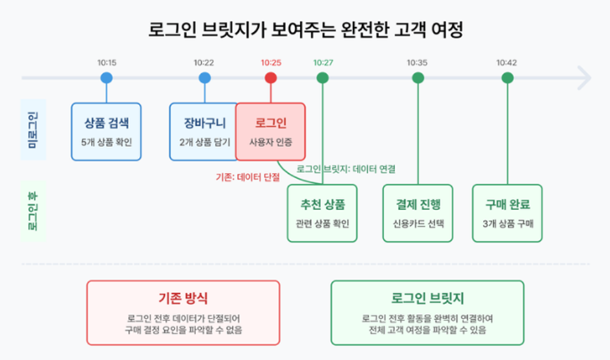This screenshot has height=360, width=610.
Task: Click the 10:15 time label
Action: [107, 62]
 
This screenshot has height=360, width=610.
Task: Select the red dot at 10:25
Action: [271, 78]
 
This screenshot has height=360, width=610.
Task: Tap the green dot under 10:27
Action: [323, 78]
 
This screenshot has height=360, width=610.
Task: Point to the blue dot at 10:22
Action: [204, 78]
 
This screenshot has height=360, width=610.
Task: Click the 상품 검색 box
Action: [106, 132]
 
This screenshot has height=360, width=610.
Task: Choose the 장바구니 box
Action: [203, 132]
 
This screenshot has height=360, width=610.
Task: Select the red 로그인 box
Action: [271, 132]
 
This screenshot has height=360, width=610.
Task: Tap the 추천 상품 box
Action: [322, 213]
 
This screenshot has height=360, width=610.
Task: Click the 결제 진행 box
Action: [418, 213]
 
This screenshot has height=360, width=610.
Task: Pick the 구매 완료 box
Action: [507, 213]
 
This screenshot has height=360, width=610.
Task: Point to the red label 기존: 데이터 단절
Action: [248, 177]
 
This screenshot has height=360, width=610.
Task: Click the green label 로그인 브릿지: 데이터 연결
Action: [346, 169]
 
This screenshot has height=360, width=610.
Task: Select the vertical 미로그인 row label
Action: [32, 130]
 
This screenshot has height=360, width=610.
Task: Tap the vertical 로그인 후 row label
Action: [32, 211]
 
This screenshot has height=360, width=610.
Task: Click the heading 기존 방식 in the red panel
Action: [183, 298]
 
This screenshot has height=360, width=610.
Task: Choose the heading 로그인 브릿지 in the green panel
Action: [428, 298]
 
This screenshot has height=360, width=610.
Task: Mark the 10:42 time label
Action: [507, 62]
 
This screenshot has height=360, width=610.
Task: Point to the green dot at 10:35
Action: [418, 78]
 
